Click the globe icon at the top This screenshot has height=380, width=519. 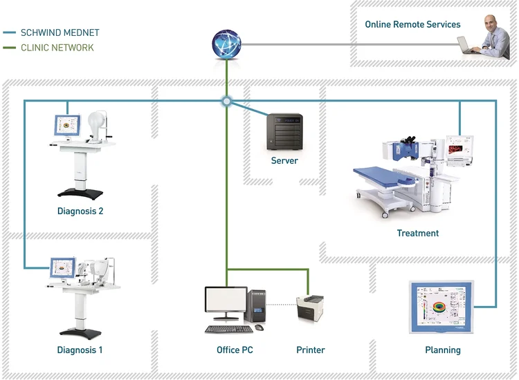[226, 44]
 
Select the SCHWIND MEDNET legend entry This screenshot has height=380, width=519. [60, 32]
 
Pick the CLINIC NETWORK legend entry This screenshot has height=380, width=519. [57, 48]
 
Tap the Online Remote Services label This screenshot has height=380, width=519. [412, 25]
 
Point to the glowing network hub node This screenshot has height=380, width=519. [226, 102]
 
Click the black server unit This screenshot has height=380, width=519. [284, 132]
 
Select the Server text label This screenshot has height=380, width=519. [284, 160]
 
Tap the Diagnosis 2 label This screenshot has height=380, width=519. [80, 211]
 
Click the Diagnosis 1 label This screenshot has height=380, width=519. [80, 350]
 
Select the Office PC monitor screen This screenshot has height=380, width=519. [226, 302]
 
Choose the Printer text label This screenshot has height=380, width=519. [310, 350]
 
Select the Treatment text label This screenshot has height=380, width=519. [417, 234]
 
